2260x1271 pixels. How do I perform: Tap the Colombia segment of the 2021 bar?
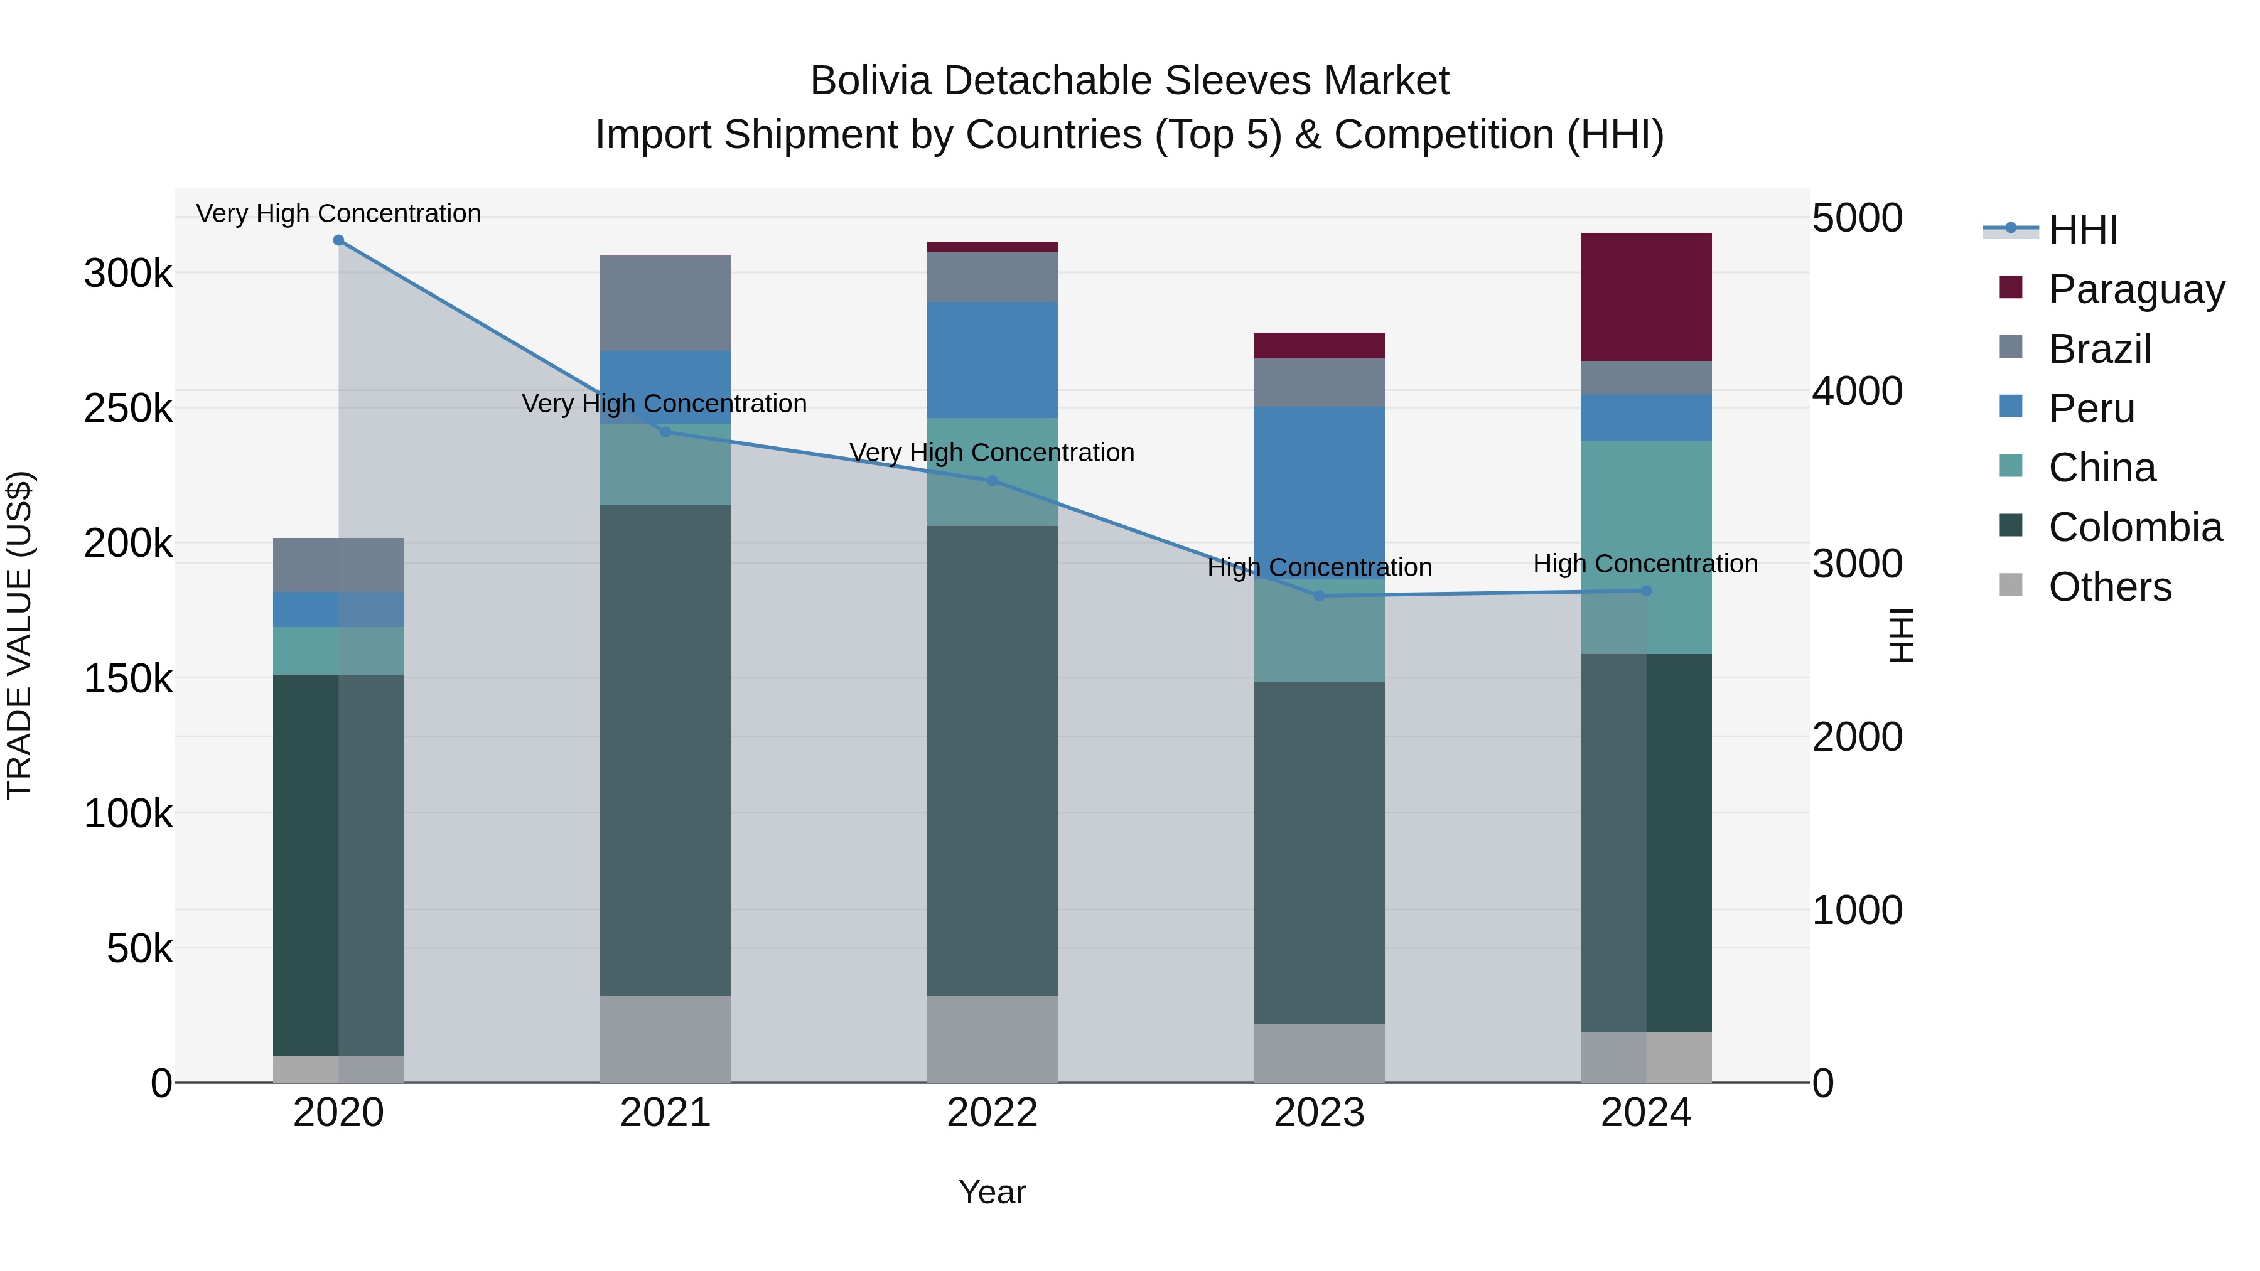click(665, 750)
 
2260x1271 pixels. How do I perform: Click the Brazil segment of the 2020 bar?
click(338, 564)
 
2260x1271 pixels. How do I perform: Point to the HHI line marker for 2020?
click(338, 240)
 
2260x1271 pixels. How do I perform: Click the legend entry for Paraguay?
click(2136, 289)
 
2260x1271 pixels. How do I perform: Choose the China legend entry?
click(2101, 468)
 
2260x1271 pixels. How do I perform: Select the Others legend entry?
click(2109, 587)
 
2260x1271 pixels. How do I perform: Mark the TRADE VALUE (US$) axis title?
click(19, 635)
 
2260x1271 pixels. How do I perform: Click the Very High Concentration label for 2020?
click(338, 213)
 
